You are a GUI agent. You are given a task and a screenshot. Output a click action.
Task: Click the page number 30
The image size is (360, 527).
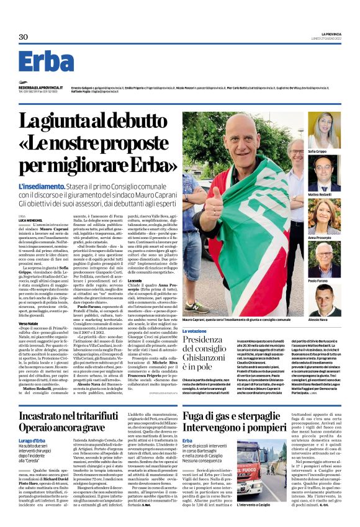pos(23,37)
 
